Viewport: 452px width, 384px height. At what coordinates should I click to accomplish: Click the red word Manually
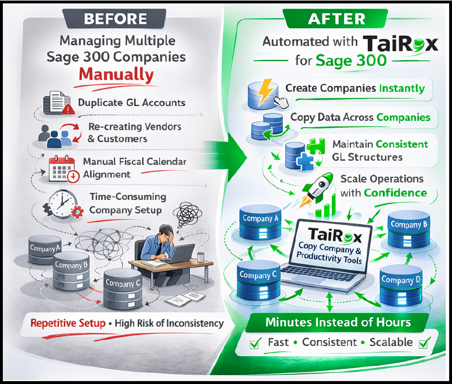pos(116,74)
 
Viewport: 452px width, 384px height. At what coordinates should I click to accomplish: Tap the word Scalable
pos(391,343)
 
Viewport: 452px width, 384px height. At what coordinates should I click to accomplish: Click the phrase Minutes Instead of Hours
pos(338,323)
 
